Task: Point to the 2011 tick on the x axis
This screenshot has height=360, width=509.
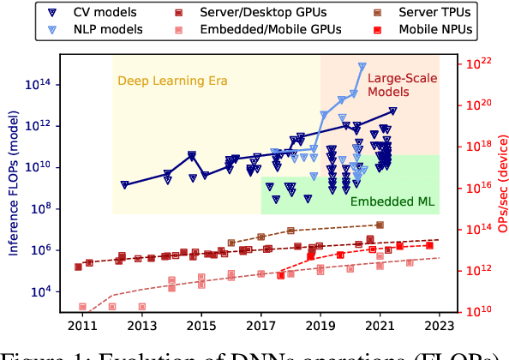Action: [x=82, y=326]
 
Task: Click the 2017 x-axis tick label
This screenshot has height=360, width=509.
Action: [x=260, y=326]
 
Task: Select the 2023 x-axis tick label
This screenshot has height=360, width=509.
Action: [x=440, y=326]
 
